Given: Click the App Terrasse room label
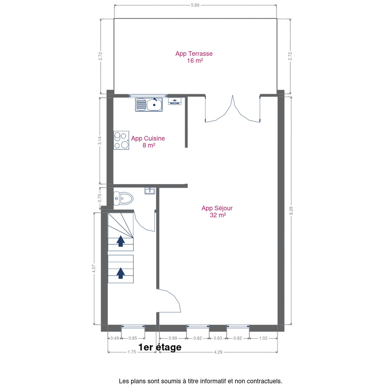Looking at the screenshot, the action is pos(194,57).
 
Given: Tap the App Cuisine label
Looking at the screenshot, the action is pos(148,142).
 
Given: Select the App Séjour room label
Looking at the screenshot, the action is pos(217,211).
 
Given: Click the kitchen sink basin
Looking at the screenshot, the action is pos(154,105).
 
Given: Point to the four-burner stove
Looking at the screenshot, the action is pos(121,140).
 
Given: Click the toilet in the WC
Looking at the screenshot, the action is pos(123,198).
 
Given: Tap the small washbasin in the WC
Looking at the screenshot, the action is pos(150,191).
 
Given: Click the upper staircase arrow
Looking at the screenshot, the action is pos(121,241).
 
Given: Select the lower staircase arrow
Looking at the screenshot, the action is pos(121,273).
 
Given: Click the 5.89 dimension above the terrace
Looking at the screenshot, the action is pos(195,5).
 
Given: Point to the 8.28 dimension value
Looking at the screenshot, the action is pos(291,211).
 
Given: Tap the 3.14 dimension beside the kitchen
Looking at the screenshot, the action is pos(100,140).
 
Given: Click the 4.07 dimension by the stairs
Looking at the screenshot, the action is pos(94,268).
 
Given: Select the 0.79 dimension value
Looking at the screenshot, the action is pos(100,198).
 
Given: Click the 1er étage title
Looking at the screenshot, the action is pos(160,347).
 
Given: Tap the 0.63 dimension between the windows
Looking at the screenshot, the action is pos(218,338).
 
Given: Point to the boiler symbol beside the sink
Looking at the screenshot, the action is pos(175,101).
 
